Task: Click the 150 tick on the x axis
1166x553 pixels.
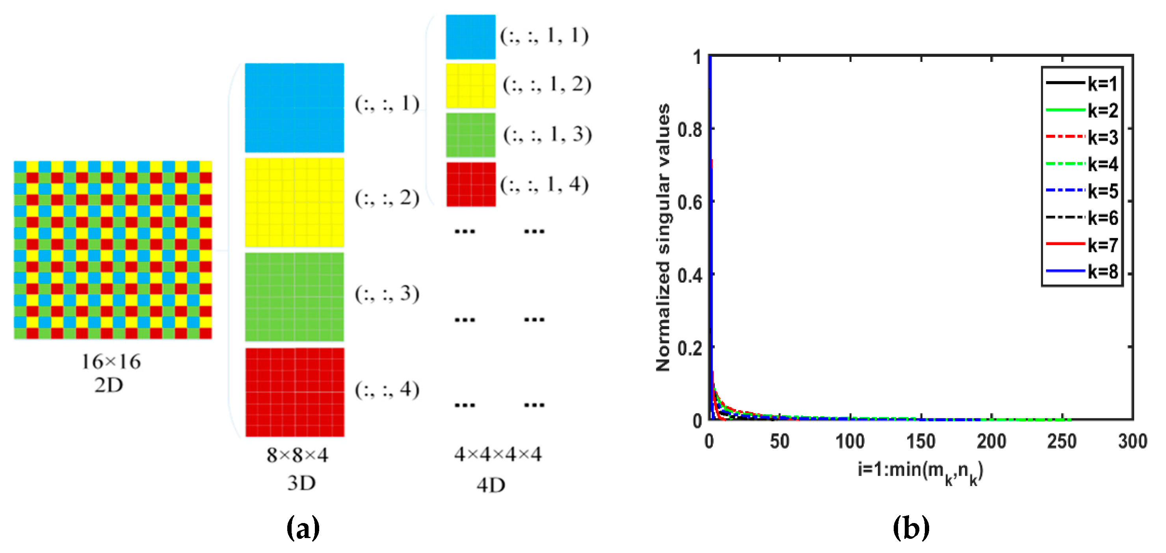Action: pyautogui.click(x=921, y=441)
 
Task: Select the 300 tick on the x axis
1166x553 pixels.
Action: pyautogui.click(x=1132, y=441)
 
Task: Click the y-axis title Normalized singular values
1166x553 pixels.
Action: pyautogui.click(x=663, y=238)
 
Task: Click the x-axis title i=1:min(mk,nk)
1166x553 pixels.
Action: pyautogui.click(x=920, y=472)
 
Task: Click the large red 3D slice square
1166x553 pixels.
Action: pyautogui.click(x=295, y=392)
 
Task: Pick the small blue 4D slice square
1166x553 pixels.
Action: pyautogui.click(x=470, y=37)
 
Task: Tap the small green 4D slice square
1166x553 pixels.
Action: pyautogui.click(x=470, y=135)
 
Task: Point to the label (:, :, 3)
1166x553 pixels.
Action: pyautogui.click(x=387, y=294)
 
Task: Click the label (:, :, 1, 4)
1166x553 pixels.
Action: pyautogui.click(x=544, y=184)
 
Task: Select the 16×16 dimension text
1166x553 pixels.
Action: pyautogui.click(x=111, y=361)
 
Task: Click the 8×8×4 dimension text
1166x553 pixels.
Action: pyautogui.click(x=297, y=455)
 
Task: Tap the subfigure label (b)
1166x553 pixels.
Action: pyautogui.click(x=911, y=528)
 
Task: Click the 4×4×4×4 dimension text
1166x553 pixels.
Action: pyautogui.click(x=497, y=454)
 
